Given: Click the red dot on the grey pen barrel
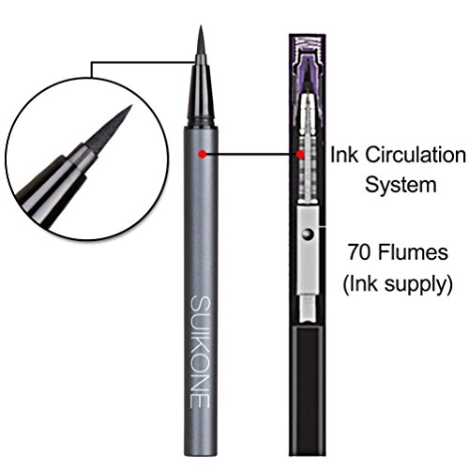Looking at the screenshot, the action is pyautogui.click(x=203, y=154).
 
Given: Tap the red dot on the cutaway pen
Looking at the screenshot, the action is pyautogui.click(x=300, y=154).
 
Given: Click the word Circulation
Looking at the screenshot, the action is pyautogui.click(x=416, y=155).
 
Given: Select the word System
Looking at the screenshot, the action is pyautogui.click(x=401, y=185).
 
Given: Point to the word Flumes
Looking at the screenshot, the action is pyautogui.click(x=413, y=252).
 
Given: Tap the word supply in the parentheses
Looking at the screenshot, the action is pyautogui.click(x=416, y=284).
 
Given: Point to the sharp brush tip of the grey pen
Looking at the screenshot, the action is pyautogui.click(x=201, y=40).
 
